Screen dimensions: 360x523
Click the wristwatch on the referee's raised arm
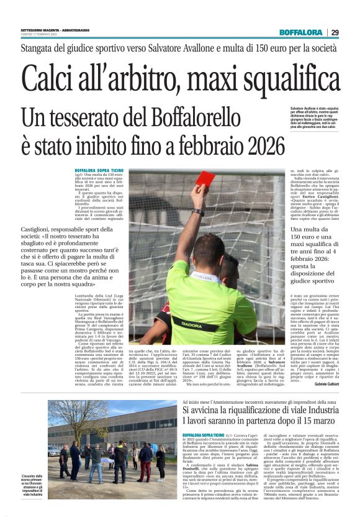[197, 212]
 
